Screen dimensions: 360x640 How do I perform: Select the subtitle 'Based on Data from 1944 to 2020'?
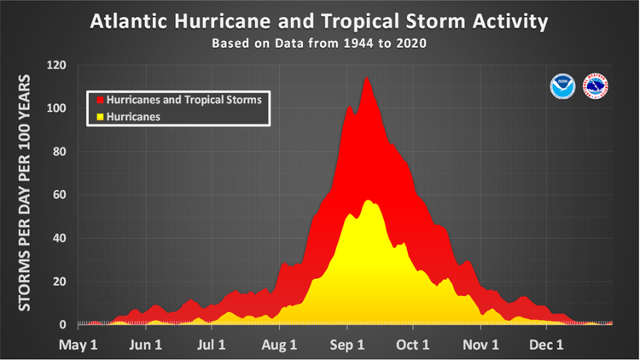[320, 43]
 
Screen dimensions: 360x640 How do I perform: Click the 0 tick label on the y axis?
[61, 325]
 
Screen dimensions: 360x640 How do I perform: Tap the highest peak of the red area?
[367, 78]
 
